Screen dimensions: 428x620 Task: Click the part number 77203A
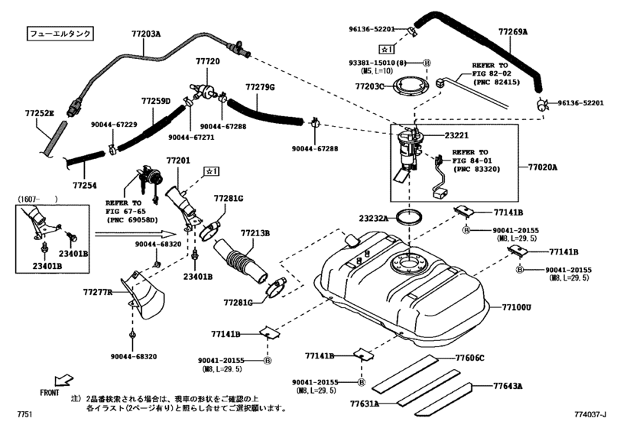tap(147, 34)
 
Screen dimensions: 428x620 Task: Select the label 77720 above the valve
tap(207, 60)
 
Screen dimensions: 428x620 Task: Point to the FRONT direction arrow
tap(65, 380)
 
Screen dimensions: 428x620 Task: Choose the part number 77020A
tap(543, 167)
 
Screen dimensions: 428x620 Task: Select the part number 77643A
tap(508, 386)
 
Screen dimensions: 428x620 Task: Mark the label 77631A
tap(366, 403)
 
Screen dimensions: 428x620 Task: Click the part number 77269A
tap(513, 33)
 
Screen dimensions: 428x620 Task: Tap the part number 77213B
tap(256, 233)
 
